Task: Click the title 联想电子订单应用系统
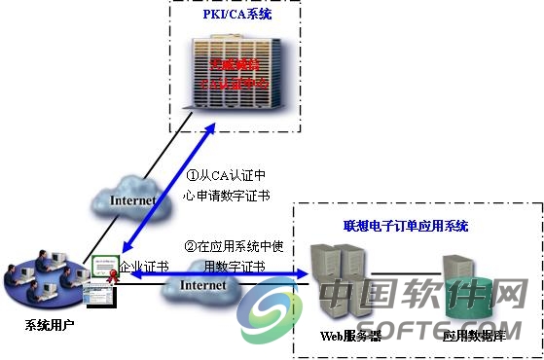point(406,226)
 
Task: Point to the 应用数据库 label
point(471,336)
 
